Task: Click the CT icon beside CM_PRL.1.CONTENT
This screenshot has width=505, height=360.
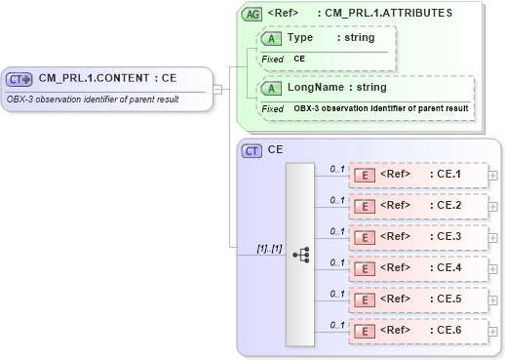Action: coord(19,80)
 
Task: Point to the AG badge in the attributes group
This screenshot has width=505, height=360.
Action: coord(252,14)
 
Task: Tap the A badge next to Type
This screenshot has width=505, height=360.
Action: coord(273,37)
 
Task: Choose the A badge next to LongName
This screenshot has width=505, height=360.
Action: coord(273,88)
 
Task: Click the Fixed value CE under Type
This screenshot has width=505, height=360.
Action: coord(300,59)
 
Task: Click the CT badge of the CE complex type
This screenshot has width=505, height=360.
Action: coord(252,151)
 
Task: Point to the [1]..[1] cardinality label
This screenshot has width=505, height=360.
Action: coord(268,249)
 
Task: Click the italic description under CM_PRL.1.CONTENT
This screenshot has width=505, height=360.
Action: coord(94,99)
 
